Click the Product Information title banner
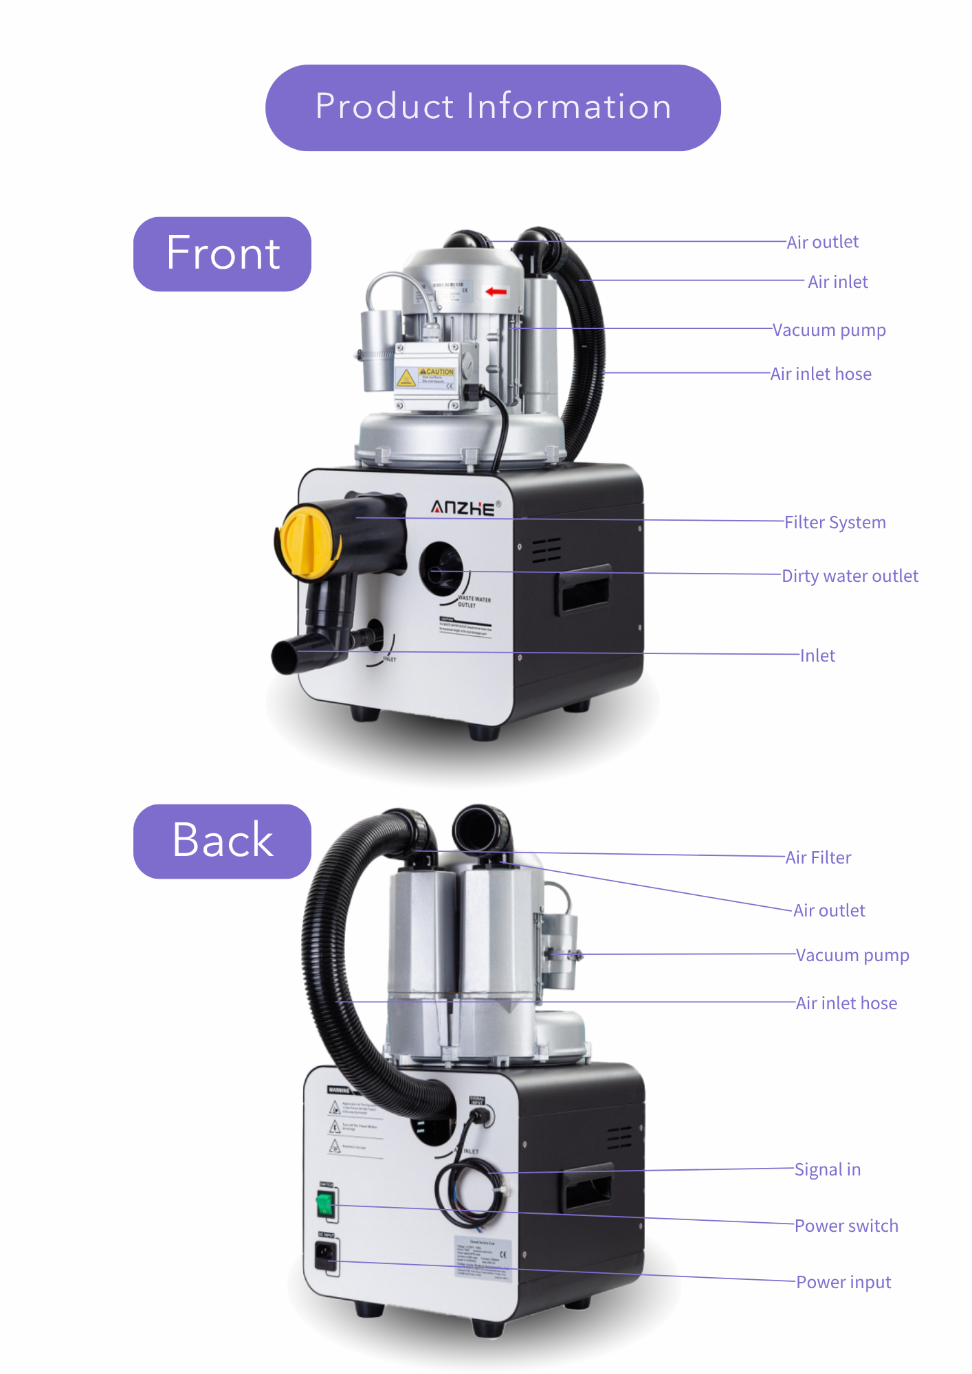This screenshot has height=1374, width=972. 493,108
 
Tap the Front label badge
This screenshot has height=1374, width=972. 222,254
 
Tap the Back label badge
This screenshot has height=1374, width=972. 222,841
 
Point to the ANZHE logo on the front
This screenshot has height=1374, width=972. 463,508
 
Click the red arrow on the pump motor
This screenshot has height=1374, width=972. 496,291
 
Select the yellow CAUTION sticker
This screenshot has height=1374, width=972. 426,376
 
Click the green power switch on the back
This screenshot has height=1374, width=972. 324,1204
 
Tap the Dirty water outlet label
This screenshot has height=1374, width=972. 850,576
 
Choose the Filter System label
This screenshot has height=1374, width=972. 835,522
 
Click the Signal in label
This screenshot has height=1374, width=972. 827,1169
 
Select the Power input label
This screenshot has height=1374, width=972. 843,1282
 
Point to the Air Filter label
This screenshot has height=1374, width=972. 818,857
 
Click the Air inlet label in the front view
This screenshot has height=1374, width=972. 837,282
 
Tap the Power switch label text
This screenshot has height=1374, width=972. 846,1226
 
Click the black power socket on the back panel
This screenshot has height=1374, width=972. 326,1257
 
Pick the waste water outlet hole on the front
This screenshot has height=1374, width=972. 440,569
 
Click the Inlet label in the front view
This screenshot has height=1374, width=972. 817,655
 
